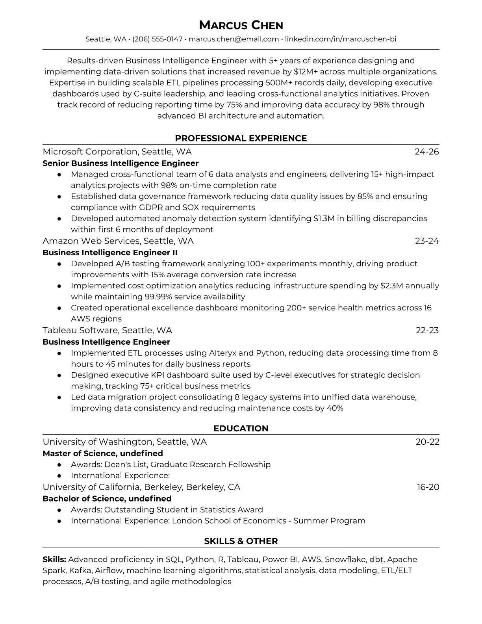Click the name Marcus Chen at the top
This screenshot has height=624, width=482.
[241, 25]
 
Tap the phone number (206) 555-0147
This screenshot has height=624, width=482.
[157, 39]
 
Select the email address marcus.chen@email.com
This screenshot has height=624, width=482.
[234, 39]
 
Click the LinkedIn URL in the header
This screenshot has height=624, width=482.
[340, 39]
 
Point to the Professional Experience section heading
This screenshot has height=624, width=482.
[241, 138]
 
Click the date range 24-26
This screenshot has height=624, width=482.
[426, 152]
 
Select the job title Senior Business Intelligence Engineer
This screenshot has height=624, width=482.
[120, 163]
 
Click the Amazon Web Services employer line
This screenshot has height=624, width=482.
[118, 241]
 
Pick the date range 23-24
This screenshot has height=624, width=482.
[426, 241]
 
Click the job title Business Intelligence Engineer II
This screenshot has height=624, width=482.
[110, 253]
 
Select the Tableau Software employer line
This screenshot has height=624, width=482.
[107, 330]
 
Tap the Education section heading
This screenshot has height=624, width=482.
[241, 429]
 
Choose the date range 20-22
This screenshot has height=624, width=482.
[427, 442]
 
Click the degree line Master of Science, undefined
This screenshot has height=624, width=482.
[103, 453]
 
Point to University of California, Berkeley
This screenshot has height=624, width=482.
[141, 487]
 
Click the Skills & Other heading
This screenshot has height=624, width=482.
[241, 541]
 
